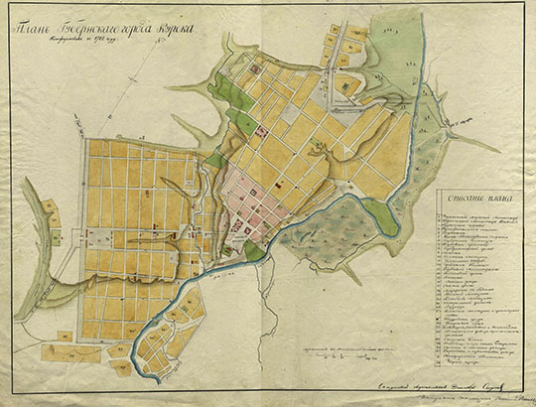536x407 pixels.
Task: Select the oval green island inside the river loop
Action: click(x=379, y=210)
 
